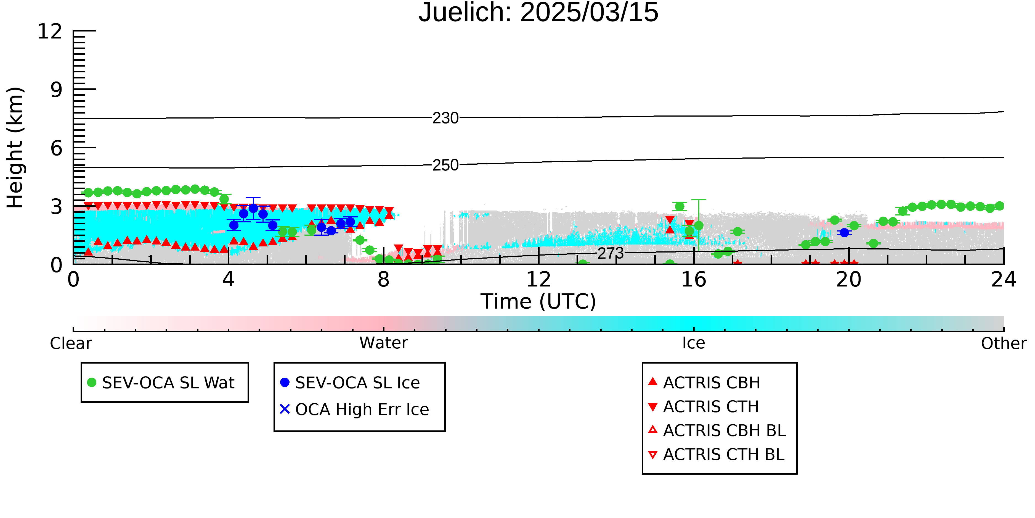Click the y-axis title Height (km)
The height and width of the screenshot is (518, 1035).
[15, 148]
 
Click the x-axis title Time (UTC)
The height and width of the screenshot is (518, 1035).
[538, 302]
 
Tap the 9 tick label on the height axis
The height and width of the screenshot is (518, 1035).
[57, 90]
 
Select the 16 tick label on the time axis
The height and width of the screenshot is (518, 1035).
[694, 280]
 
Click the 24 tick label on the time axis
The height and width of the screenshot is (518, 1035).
[1004, 280]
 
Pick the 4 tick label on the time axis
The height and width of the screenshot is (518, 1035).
[229, 280]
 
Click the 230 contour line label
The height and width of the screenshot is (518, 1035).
[445, 118]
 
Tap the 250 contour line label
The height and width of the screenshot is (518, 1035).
[445, 165]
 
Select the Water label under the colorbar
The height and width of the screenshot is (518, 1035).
[384, 343]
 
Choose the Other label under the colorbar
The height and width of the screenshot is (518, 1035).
[1004, 343]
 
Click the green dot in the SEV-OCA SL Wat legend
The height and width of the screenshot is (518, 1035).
[92, 382]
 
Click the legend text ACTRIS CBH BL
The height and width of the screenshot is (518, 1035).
[725, 431]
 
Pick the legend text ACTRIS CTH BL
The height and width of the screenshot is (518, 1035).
[724, 455]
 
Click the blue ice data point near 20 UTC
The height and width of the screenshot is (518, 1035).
[844, 232]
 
